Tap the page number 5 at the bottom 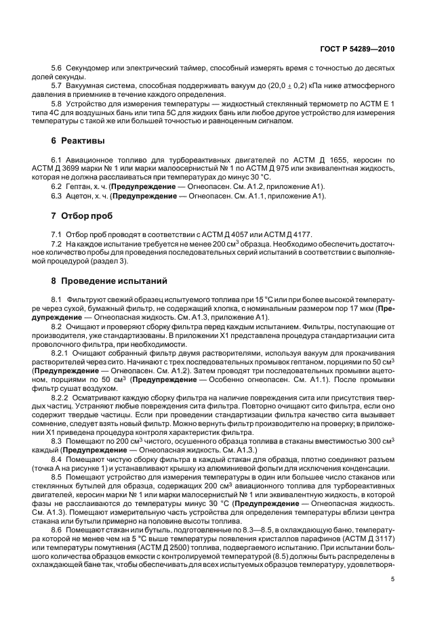pyautogui.click(x=392, y=578)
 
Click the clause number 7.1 pyautogui.click(x=56, y=233)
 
